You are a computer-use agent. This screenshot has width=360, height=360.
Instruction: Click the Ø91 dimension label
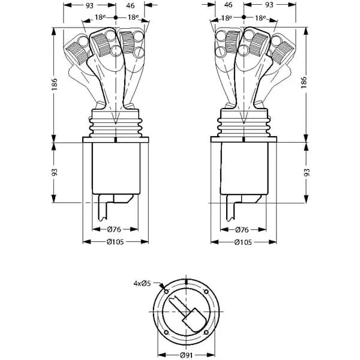coord(186,355)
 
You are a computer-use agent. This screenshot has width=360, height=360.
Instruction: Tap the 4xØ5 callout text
coord(142,283)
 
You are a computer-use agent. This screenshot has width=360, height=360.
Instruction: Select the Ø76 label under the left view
coord(114,229)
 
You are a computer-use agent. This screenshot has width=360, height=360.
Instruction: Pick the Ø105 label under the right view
coord(243,242)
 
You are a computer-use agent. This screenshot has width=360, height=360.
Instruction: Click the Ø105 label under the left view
coord(115,242)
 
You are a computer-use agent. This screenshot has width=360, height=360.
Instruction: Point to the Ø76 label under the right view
coord(242,230)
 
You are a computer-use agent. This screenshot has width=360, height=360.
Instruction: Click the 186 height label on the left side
coord(54,84)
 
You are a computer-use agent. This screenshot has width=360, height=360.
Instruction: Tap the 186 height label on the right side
coord(304,82)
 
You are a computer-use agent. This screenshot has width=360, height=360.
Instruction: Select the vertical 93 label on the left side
coord(55,172)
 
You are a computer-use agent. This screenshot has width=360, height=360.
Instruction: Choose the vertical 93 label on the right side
coord(307,172)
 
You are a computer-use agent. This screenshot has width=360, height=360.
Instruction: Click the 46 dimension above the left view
coord(130,5)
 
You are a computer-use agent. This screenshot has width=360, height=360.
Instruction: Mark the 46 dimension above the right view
coord(228,5)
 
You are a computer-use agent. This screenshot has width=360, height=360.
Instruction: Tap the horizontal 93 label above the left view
coord(89,5)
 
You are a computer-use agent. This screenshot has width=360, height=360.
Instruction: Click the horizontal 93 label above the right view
coord(269,5)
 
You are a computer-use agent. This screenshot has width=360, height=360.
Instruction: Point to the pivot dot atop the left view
coord(116,17)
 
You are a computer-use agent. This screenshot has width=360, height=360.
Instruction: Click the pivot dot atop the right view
coord(244,17)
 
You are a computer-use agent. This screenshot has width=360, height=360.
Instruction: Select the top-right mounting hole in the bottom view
coord(206,292)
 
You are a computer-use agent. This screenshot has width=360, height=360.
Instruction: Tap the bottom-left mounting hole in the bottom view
coord(166,332)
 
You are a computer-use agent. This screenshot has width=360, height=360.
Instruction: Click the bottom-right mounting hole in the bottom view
coord(206,332)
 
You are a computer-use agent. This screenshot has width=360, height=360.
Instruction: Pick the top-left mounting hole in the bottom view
coord(166,292)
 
